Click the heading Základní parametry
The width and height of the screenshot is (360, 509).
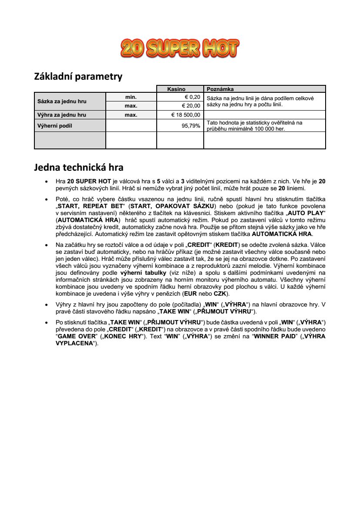78,77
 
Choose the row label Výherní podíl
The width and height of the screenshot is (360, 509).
54,126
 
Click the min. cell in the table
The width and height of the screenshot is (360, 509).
131,97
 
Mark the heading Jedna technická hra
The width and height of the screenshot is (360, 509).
79,167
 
